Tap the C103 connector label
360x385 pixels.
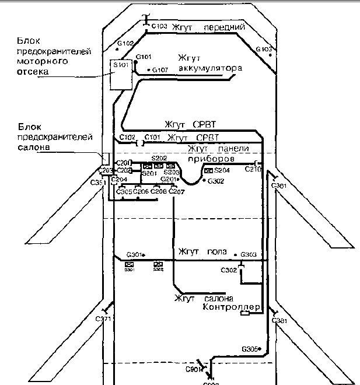[159, 27]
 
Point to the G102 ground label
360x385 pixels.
[126, 43]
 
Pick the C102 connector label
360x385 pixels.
[127, 137]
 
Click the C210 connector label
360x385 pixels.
[253, 170]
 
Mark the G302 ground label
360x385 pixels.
[216, 181]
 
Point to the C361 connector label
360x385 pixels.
[279, 185]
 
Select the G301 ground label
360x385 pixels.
[134, 255]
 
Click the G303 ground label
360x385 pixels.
[249, 255]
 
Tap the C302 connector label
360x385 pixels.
[229, 270]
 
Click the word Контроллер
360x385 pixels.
[231, 307]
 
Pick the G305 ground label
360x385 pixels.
[250, 349]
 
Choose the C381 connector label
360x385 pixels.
[279, 322]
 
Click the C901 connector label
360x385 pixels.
[194, 370]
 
